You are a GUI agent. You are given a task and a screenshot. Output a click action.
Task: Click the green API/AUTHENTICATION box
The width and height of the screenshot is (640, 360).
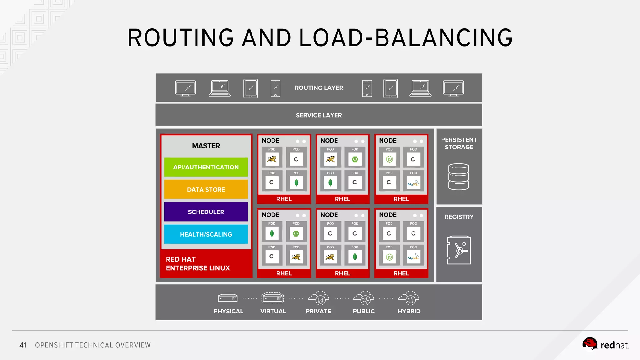(x=206, y=167)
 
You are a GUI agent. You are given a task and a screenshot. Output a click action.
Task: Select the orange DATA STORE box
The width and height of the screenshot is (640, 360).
(x=206, y=189)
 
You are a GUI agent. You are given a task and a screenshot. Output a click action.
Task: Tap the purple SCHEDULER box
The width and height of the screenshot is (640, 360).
(x=206, y=212)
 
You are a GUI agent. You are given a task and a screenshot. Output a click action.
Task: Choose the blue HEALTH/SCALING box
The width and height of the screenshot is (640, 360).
(x=206, y=234)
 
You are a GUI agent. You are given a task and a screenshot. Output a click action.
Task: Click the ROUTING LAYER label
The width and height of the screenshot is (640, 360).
(x=319, y=88)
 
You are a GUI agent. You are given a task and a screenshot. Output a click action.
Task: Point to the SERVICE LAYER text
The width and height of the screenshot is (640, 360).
(x=319, y=115)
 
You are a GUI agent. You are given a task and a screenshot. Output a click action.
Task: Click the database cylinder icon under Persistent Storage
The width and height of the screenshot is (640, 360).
(x=458, y=177)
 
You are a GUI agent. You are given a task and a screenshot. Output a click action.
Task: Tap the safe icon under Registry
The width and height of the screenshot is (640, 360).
(x=458, y=250)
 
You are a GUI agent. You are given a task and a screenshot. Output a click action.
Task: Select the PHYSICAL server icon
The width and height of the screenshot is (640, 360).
(x=228, y=298)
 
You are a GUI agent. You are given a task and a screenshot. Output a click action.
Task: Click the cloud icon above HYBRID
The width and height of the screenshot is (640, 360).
(x=409, y=298)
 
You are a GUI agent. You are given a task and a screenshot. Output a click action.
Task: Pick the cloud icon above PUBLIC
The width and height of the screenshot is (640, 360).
(x=363, y=298)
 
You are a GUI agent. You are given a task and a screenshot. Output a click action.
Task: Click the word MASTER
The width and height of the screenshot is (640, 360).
(x=206, y=146)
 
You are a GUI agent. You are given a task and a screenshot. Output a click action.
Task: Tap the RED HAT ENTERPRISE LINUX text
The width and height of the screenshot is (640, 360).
(x=197, y=264)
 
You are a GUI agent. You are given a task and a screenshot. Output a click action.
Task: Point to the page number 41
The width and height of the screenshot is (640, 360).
(x=23, y=345)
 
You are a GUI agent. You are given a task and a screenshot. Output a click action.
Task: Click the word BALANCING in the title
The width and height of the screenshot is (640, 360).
(x=443, y=38)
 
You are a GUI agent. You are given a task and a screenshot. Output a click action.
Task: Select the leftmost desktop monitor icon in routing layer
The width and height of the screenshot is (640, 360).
(x=185, y=88)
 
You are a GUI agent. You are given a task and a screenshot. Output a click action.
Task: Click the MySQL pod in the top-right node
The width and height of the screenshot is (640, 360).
(x=413, y=183)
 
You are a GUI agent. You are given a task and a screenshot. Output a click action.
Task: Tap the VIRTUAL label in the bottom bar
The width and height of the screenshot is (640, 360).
(x=273, y=311)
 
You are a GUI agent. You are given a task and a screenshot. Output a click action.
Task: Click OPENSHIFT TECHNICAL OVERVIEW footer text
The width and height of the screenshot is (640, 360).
(x=92, y=345)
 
